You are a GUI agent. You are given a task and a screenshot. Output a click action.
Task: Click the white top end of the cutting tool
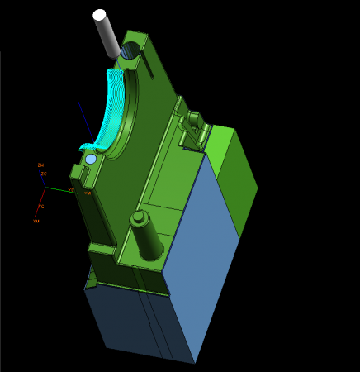[100, 15]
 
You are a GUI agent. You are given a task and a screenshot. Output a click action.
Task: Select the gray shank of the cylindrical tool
[107, 35]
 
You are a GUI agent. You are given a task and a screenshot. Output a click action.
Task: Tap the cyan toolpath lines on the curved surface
[115, 112]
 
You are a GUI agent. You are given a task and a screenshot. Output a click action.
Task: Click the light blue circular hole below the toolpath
[91, 159]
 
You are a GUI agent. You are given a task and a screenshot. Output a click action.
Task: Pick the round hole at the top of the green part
[129, 51]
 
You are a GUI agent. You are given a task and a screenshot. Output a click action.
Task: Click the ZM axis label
[40, 165]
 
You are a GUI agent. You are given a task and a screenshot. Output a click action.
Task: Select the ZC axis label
[44, 174]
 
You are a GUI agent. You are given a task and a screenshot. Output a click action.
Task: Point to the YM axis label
[87, 193]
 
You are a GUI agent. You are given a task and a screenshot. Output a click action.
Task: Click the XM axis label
[36, 222]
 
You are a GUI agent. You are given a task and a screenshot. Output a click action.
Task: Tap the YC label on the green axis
[71, 191]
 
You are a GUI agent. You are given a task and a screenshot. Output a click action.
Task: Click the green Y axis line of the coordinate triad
[58, 190]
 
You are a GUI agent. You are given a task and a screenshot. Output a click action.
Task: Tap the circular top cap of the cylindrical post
[138, 218]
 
